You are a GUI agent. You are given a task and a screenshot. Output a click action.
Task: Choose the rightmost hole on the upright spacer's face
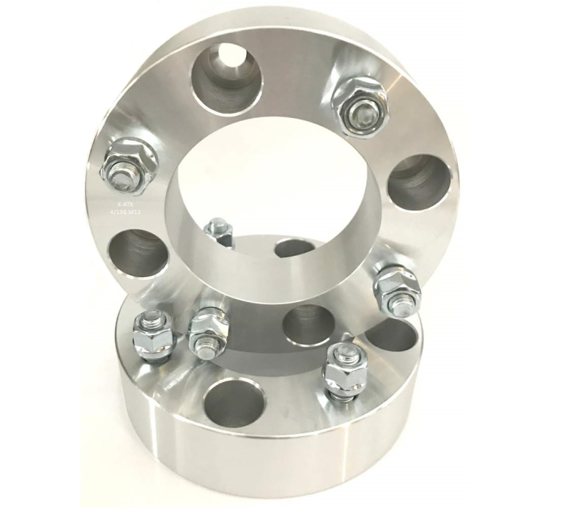pyautogui.click(x=419, y=183)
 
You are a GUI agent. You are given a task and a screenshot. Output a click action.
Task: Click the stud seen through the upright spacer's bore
pyautogui.click(x=218, y=233)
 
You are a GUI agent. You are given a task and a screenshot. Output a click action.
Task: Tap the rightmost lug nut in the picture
pyautogui.click(x=396, y=287)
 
